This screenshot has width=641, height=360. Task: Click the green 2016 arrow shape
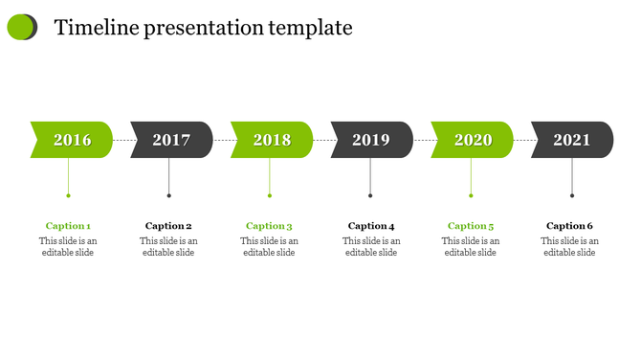[x=72, y=140]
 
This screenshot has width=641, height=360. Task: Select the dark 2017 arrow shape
[x=171, y=140]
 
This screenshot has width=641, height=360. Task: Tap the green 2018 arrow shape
[x=272, y=140]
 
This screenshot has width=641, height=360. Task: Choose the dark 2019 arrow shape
[x=371, y=140]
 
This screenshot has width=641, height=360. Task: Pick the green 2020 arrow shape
[x=473, y=140]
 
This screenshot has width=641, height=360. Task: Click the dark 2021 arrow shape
[x=572, y=140]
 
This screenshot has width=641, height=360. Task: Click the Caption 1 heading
[x=68, y=226]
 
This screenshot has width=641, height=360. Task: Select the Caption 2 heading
[x=168, y=226]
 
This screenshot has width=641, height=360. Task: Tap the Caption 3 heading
[x=269, y=226]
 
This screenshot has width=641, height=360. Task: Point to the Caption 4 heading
[x=371, y=226]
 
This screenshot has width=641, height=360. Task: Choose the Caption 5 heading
[x=471, y=226]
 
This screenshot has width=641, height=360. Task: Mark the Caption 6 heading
[x=569, y=226]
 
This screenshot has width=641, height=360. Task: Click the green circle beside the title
[x=20, y=28]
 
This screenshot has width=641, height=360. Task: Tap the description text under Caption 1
[x=68, y=247]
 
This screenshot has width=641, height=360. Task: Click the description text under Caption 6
[x=569, y=247]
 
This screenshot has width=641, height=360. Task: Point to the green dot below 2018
[x=270, y=196]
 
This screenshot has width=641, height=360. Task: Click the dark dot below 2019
[x=370, y=196]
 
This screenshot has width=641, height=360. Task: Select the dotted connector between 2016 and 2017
[x=122, y=140]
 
